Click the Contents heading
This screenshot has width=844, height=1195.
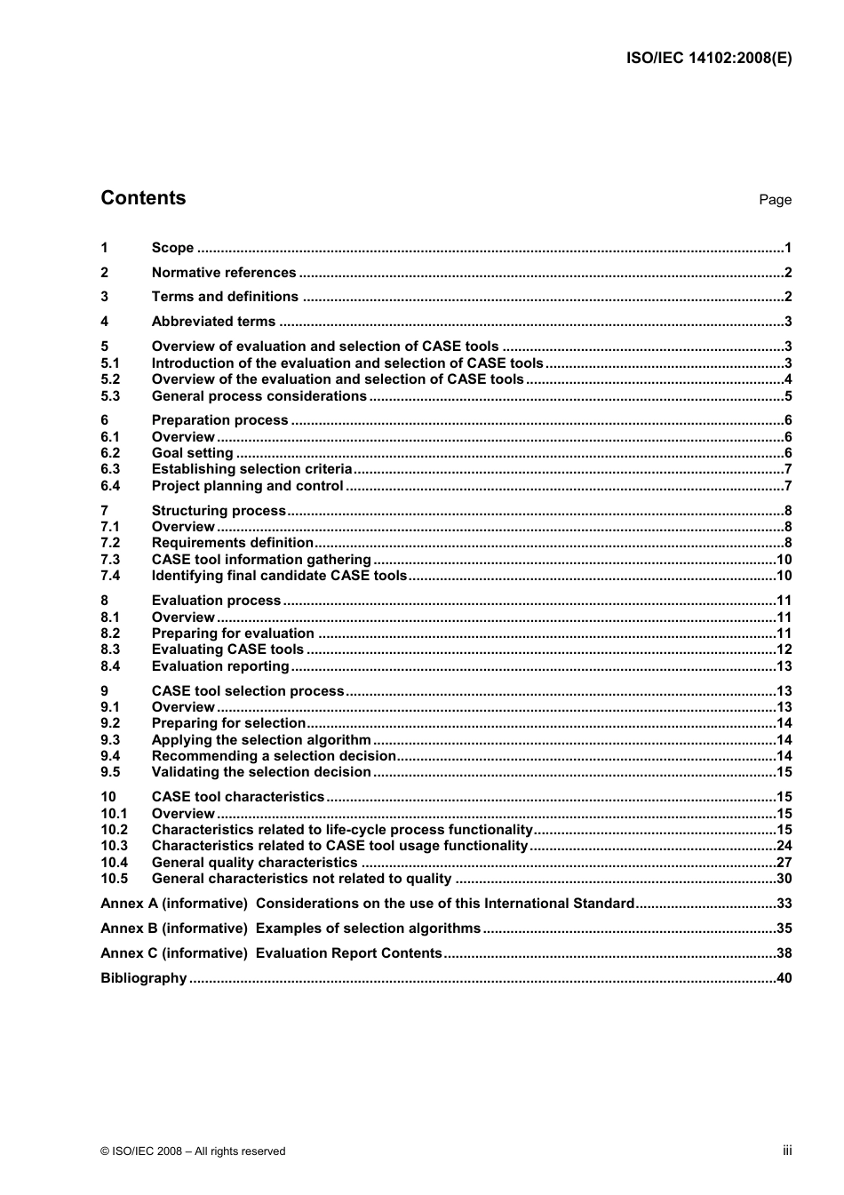[143, 198]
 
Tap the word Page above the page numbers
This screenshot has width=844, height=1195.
[775, 200]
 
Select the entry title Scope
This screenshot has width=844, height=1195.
[172, 248]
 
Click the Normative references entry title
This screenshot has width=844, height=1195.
[224, 273]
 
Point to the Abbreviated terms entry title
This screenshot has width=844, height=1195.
[213, 322]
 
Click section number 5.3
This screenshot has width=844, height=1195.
[110, 396]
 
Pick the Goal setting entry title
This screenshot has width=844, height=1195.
[192, 453]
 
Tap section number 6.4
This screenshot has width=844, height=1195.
[110, 486]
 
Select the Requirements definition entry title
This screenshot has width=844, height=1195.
[232, 543]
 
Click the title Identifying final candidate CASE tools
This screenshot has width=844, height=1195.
[279, 576]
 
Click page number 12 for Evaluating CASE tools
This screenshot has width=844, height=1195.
[784, 649]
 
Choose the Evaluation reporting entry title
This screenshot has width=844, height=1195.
[220, 666]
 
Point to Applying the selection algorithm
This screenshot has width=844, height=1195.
[261, 740]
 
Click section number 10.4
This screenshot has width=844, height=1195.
[114, 863]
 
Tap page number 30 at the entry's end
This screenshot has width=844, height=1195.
[784, 879]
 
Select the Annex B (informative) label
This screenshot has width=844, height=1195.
[174, 928]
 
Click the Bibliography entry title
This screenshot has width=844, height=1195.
[143, 978]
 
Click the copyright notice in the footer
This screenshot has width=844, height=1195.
[193, 1151]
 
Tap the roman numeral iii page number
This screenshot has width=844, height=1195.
[787, 1151]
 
